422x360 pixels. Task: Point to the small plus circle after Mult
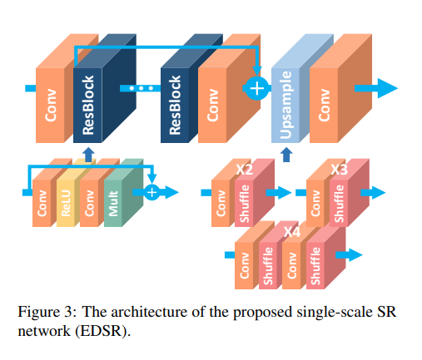tap(151, 193)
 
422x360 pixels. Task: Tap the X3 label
tap(339, 169)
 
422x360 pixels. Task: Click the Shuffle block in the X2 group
tap(245, 201)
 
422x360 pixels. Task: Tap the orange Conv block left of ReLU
tap(42, 200)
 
